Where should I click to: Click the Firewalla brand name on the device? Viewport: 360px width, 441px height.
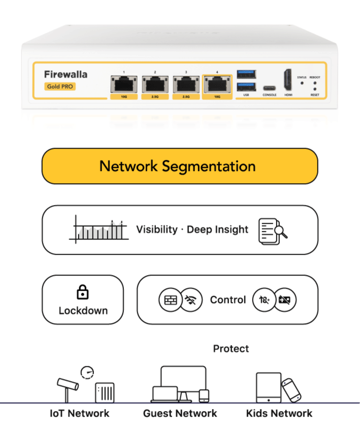pos(66,74)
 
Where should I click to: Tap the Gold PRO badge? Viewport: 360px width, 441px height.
pos(60,86)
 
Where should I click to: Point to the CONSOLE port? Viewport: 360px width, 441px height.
pos(269,87)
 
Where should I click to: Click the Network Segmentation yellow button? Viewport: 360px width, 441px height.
pos(179,166)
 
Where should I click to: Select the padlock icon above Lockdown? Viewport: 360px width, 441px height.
pos(82,292)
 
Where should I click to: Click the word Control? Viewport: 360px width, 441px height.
pos(228,300)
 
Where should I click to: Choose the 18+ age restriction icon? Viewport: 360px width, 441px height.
pos(264,300)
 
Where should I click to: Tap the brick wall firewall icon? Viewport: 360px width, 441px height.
pos(169,300)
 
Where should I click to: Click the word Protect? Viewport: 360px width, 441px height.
pos(231,349)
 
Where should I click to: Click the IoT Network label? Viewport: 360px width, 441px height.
pos(79,413)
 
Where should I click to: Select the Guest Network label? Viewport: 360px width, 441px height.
pos(180,413)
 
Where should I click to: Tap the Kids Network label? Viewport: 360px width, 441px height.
pos(279,413)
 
